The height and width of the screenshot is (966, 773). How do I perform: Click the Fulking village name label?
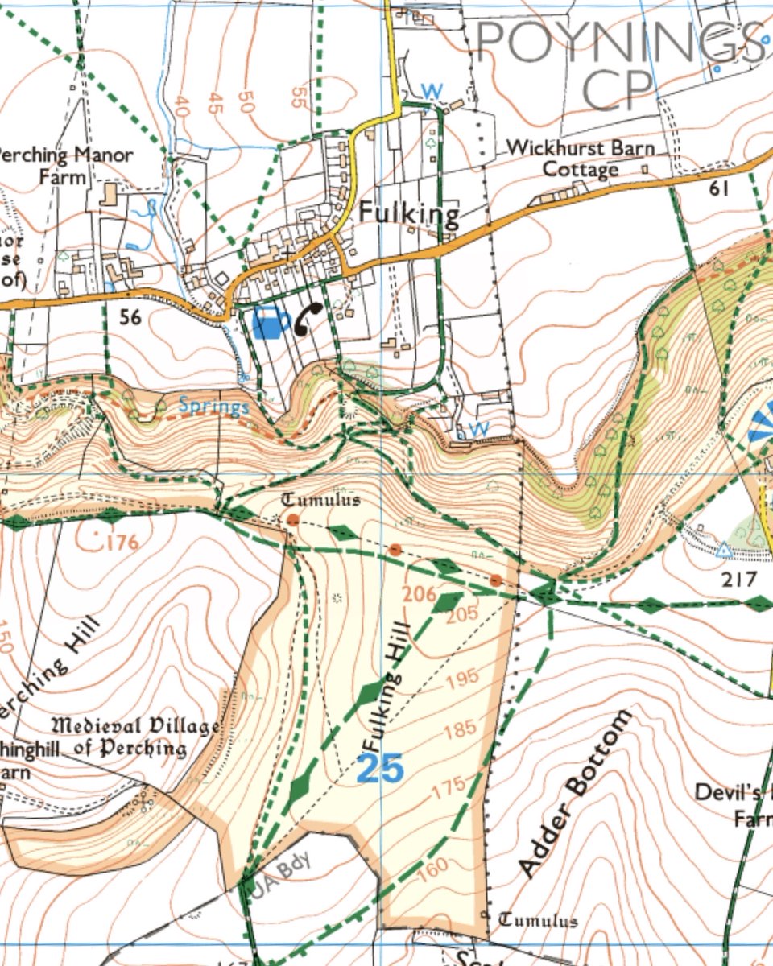click(408, 214)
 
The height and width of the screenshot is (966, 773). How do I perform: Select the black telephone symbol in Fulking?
click(308, 318)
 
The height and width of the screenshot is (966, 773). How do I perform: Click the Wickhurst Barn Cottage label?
click(580, 159)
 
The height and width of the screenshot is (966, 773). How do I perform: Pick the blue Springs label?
click(213, 406)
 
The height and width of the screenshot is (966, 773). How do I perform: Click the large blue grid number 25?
click(379, 770)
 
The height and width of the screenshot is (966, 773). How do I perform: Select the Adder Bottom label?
click(573, 793)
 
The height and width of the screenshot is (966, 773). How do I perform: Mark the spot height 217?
click(739, 579)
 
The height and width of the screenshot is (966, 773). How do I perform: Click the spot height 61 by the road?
click(719, 189)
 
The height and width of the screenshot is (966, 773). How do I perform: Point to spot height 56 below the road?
click(130, 317)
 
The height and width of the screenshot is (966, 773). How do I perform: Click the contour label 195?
click(461, 679)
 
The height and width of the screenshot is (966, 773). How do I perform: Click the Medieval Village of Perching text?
click(137, 737)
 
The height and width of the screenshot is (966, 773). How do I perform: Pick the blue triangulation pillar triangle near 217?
click(724, 550)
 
